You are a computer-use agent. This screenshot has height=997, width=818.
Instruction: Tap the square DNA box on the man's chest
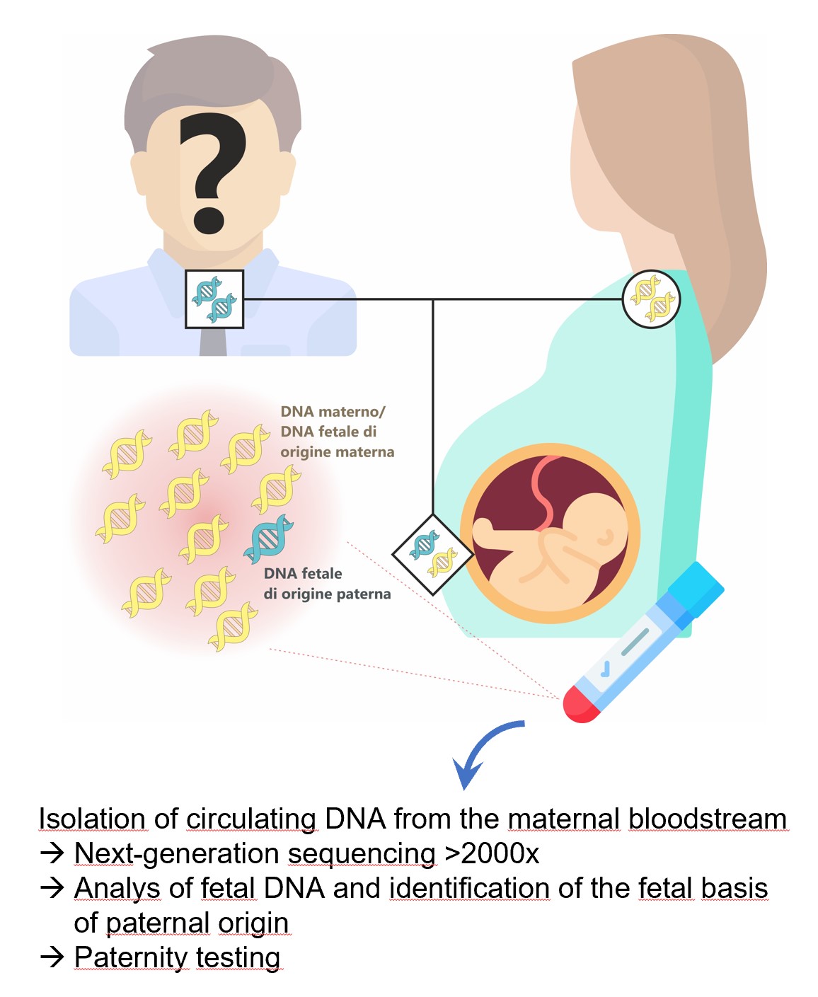214,299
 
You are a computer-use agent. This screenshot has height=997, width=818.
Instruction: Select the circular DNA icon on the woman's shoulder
651,299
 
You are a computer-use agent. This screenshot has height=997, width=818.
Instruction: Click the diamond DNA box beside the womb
432,554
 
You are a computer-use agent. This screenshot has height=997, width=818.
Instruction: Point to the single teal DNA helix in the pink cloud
269,538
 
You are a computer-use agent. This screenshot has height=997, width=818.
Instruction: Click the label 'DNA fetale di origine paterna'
327,583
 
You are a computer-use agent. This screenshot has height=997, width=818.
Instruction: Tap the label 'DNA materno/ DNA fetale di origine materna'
337,432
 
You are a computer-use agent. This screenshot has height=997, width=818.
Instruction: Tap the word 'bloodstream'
708,818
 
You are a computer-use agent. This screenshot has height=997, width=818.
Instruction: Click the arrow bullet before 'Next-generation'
52,853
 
